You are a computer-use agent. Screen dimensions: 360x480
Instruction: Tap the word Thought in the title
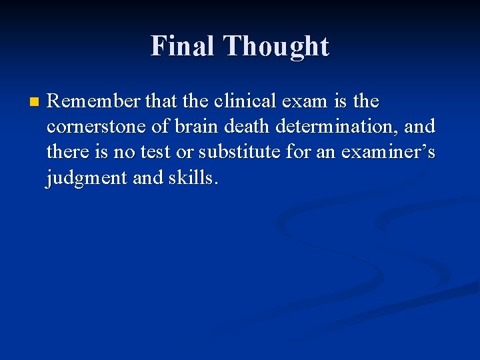(x=276, y=46)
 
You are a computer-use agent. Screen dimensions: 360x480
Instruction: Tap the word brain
(x=196, y=127)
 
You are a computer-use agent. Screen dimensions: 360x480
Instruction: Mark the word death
(x=246, y=127)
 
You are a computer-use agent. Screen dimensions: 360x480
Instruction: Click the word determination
(x=336, y=127)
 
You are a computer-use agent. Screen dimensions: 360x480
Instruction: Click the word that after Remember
(x=156, y=101)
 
